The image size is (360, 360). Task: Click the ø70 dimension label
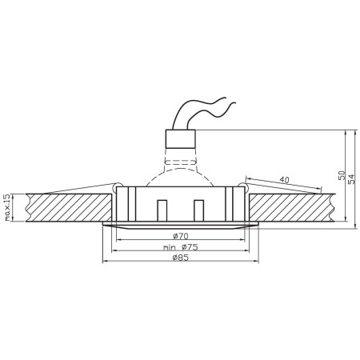click(x=179, y=236)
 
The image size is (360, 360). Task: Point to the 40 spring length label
click(x=285, y=179)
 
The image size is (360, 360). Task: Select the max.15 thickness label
click(x=7, y=206)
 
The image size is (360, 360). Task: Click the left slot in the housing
click(x=162, y=210)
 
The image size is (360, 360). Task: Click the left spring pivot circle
click(x=119, y=188)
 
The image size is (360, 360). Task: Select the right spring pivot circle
click(x=239, y=188)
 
